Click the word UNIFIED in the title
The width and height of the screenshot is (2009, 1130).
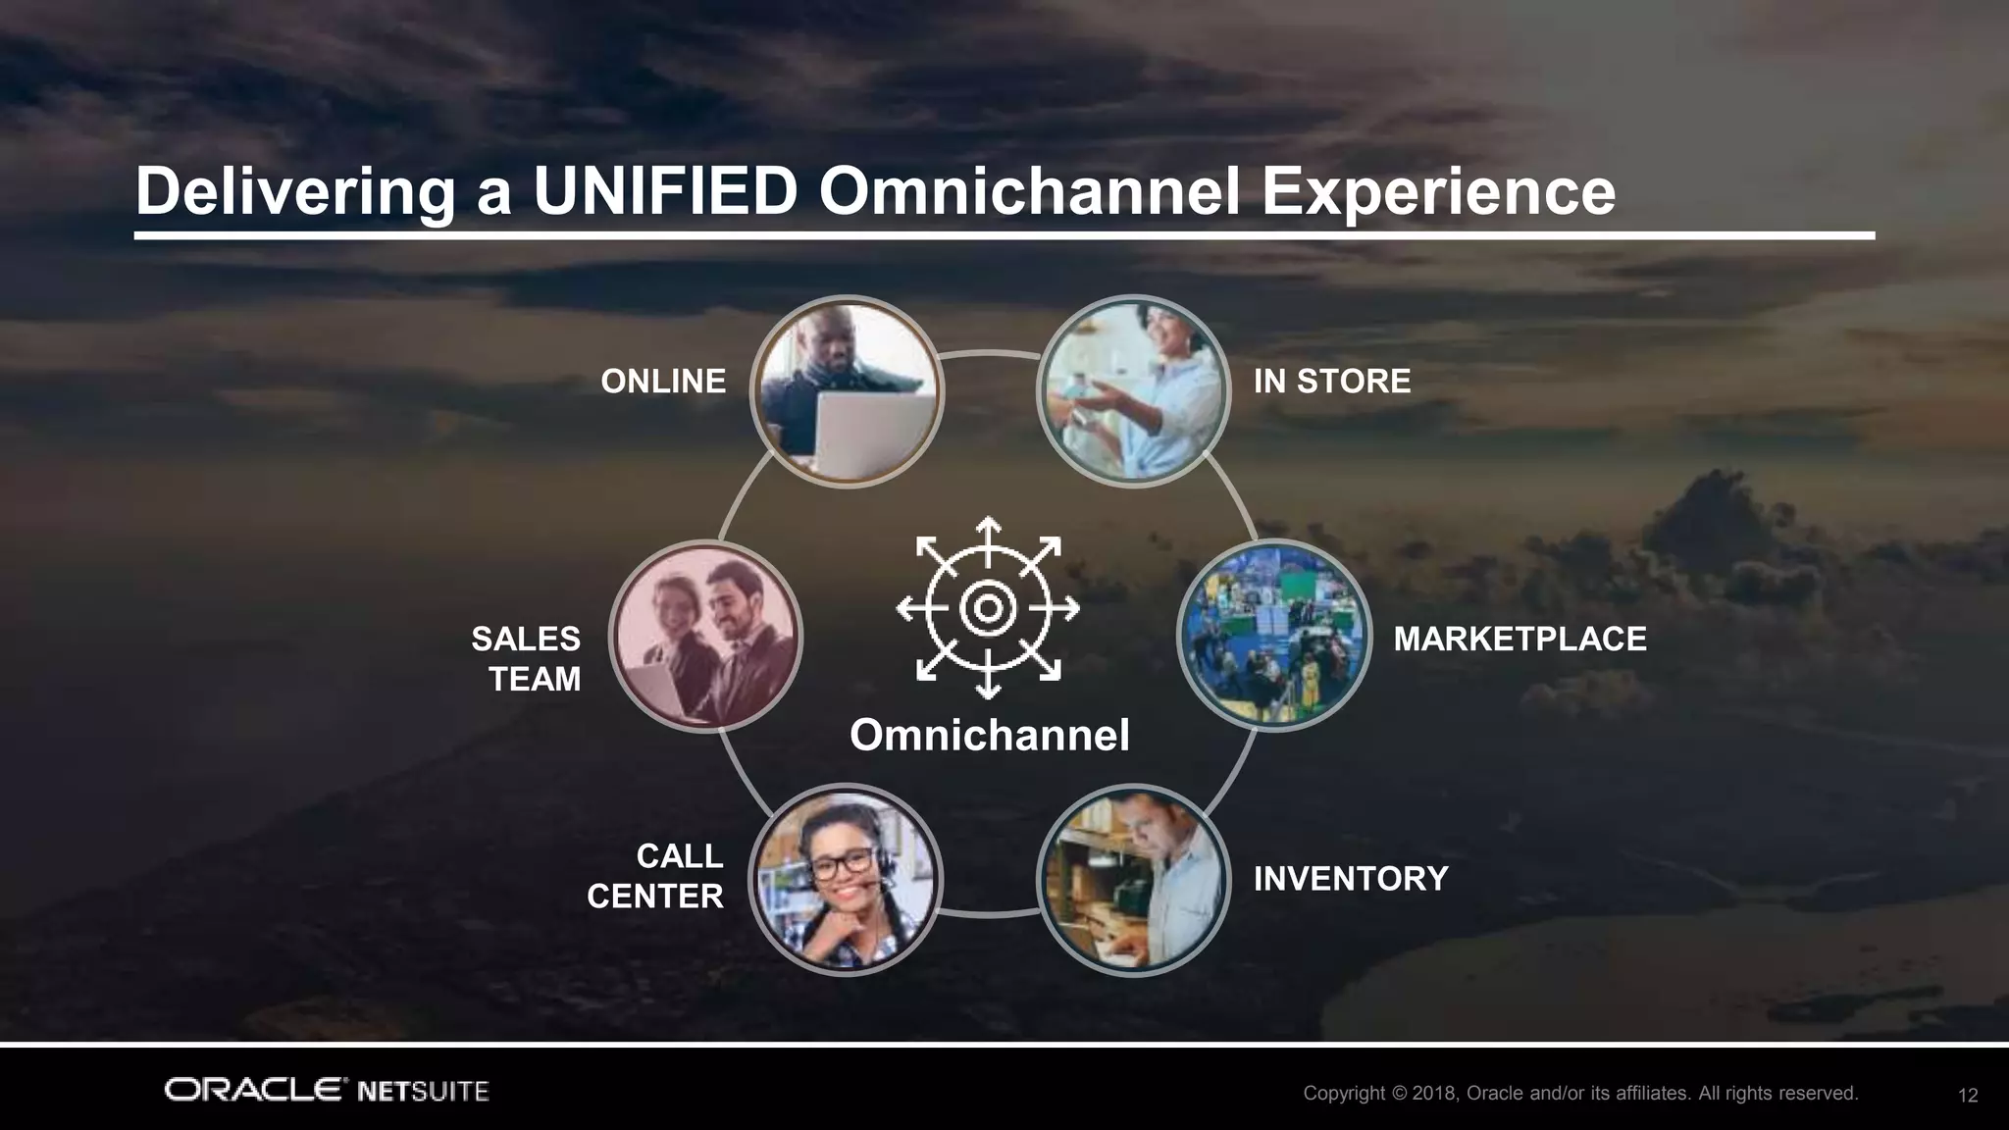tap(665, 191)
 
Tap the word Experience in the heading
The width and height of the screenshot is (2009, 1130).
tap(1438, 193)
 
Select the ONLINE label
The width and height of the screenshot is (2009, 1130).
tap(663, 381)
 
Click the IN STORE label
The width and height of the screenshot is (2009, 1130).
tap(1331, 381)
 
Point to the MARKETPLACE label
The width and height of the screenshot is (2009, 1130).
tap(1520, 639)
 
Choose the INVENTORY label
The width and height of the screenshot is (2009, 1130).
tap(1350, 878)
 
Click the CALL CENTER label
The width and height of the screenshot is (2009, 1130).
tap(655, 876)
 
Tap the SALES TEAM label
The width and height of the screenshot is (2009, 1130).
tap(527, 658)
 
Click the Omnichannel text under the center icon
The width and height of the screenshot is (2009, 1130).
tap(989, 735)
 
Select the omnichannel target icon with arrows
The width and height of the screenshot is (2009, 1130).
tap(988, 608)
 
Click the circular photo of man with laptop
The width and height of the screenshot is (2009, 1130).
tap(847, 391)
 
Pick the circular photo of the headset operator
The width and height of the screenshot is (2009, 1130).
tap(846, 878)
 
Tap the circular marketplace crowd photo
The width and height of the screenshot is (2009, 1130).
tap(1273, 636)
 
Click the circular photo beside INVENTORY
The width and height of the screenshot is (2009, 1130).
tap(1133, 879)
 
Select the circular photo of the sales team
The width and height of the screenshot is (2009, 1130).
tap(705, 636)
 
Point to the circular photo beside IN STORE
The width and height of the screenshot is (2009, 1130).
tap(1133, 391)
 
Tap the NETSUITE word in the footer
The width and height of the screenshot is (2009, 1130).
tap(424, 1091)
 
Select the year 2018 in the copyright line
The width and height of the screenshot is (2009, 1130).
tap(1435, 1093)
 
